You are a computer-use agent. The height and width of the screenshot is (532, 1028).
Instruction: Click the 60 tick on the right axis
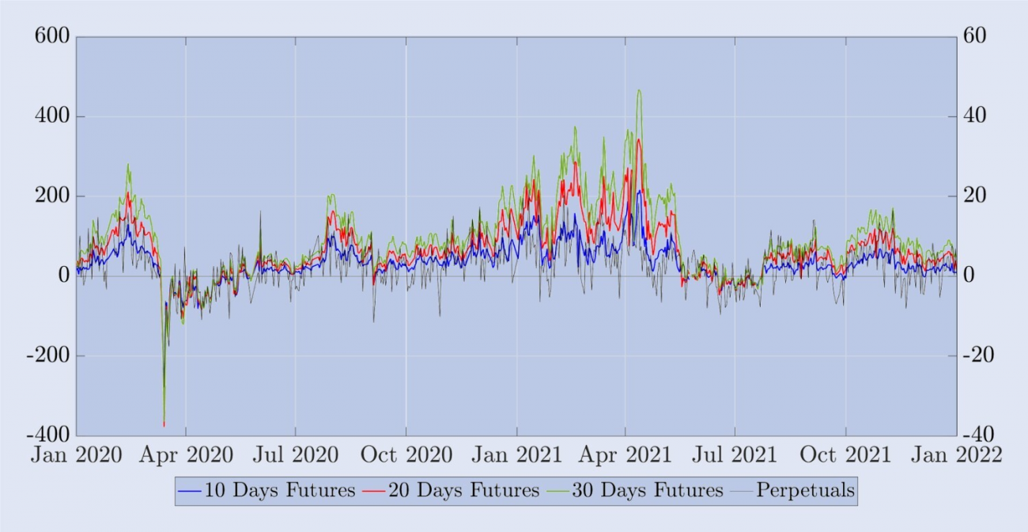point(975,37)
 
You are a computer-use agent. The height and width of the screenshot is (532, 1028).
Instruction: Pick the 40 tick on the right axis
point(975,116)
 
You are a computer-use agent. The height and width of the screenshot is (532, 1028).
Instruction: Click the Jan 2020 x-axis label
point(76,455)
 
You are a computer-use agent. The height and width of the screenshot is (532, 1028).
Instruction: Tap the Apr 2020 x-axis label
point(187,455)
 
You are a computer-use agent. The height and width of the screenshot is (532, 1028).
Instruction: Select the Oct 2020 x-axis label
point(406,455)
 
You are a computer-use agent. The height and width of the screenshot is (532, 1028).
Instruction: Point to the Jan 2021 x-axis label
point(517,455)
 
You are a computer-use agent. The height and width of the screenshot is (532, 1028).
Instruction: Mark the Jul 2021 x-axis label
point(735,455)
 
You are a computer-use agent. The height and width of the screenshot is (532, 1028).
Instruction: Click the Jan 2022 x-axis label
point(957,455)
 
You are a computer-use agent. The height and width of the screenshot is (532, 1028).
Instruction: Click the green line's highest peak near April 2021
point(639,90)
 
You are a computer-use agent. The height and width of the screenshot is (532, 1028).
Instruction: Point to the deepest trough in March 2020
point(164,426)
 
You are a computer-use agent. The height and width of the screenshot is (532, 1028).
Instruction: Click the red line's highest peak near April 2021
point(638,139)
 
